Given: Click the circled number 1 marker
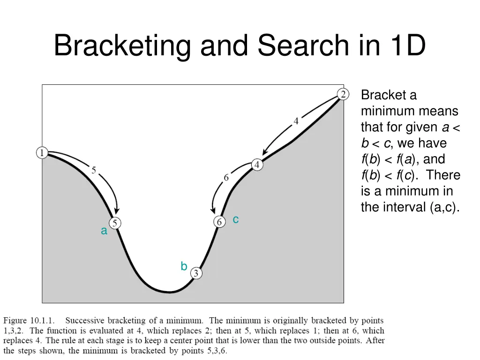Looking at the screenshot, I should (42, 153).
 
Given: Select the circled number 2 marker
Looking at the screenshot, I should (343, 94).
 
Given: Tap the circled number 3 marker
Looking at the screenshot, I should (196, 273).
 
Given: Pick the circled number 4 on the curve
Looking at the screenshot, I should (257, 165).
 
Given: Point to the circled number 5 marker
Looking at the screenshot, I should (115, 223).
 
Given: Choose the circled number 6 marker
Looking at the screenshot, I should (219, 222).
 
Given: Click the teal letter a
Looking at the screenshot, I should (104, 231).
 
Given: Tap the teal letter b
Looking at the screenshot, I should (184, 267).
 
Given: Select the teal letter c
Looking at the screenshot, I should (236, 219).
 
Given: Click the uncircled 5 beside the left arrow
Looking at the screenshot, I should (94, 171).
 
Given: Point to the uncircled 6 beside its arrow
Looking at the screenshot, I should (226, 178).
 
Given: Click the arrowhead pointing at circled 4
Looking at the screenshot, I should (265, 153).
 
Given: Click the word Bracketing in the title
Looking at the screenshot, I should (122, 46).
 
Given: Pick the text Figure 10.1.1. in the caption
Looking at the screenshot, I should (29, 321).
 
